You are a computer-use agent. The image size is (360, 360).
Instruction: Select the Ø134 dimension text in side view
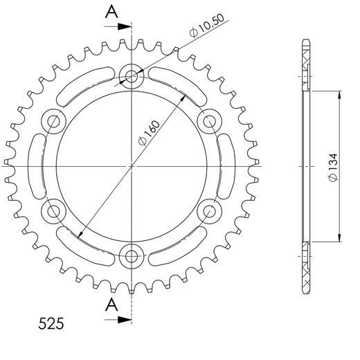(333, 169)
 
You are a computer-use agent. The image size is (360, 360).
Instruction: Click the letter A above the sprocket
(111, 10)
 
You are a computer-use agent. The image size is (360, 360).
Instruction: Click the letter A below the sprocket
(111, 305)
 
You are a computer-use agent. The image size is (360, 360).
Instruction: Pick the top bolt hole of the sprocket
(132, 75)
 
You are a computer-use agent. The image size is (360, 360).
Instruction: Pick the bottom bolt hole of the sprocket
(132, 257)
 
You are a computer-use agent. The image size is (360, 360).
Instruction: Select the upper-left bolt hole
(53, 121)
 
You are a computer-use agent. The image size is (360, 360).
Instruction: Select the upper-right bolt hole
(210, 121)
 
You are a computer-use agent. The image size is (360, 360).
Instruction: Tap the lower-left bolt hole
(53, 211)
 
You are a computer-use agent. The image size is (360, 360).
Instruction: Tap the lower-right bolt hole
(210, 211)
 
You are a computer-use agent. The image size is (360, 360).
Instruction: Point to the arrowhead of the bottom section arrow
(127, 319)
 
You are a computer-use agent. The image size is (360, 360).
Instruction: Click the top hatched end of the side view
(307, 66)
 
